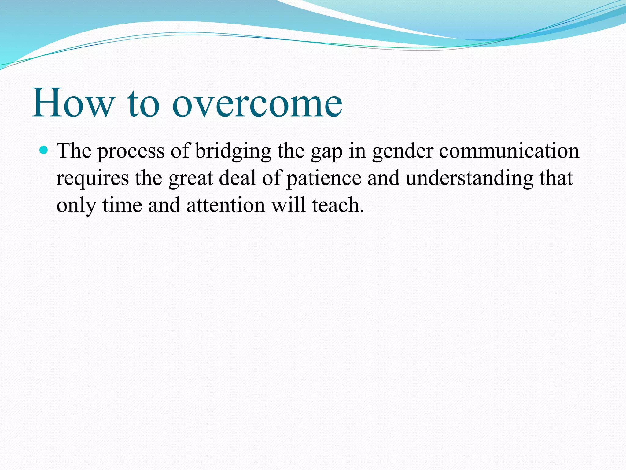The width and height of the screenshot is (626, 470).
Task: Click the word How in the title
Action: [x=73, y=103]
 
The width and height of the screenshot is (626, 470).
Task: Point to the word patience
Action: [x=324, y=178]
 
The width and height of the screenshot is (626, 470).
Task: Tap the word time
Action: [x=122, y=205]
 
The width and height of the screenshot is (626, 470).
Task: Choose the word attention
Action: [x=226, y=205]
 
